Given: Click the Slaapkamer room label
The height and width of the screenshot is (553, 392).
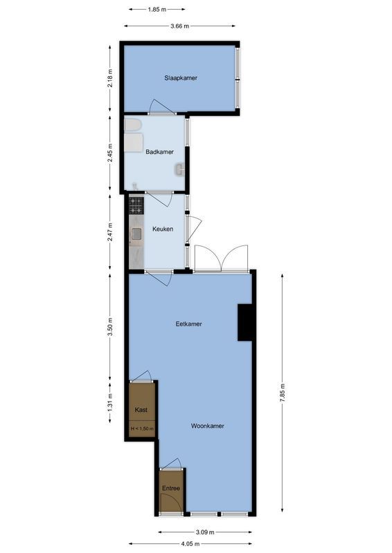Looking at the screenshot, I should coord(181,78).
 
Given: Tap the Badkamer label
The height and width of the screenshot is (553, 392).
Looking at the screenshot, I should coord(159,152).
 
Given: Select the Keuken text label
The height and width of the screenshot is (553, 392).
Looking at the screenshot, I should coord(163,229).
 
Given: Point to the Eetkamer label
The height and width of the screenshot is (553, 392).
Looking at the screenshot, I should coord(188,324).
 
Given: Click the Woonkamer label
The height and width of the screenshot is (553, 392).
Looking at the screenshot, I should coord(208,426).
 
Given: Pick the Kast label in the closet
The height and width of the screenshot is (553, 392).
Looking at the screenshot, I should coord(141,410).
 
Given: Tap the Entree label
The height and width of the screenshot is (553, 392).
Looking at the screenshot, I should coord(171,489).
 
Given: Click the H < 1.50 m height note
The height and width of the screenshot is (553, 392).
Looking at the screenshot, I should coord(142,429).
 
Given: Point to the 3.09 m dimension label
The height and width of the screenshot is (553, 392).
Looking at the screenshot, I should coord(205,532).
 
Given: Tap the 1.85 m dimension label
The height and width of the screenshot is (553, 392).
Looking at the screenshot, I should coord(157,10).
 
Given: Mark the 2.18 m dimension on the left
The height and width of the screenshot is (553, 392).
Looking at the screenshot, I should coord(111,78).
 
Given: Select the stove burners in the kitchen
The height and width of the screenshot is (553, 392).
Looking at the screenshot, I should coord(136,205).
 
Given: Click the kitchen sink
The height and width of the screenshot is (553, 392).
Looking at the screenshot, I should coord(136,234).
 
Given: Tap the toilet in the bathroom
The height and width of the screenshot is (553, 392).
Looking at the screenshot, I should coord(132,124).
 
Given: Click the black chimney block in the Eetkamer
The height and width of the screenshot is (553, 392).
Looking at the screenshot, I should coord(245,323).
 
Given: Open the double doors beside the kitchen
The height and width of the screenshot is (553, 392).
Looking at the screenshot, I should coord(221,259).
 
